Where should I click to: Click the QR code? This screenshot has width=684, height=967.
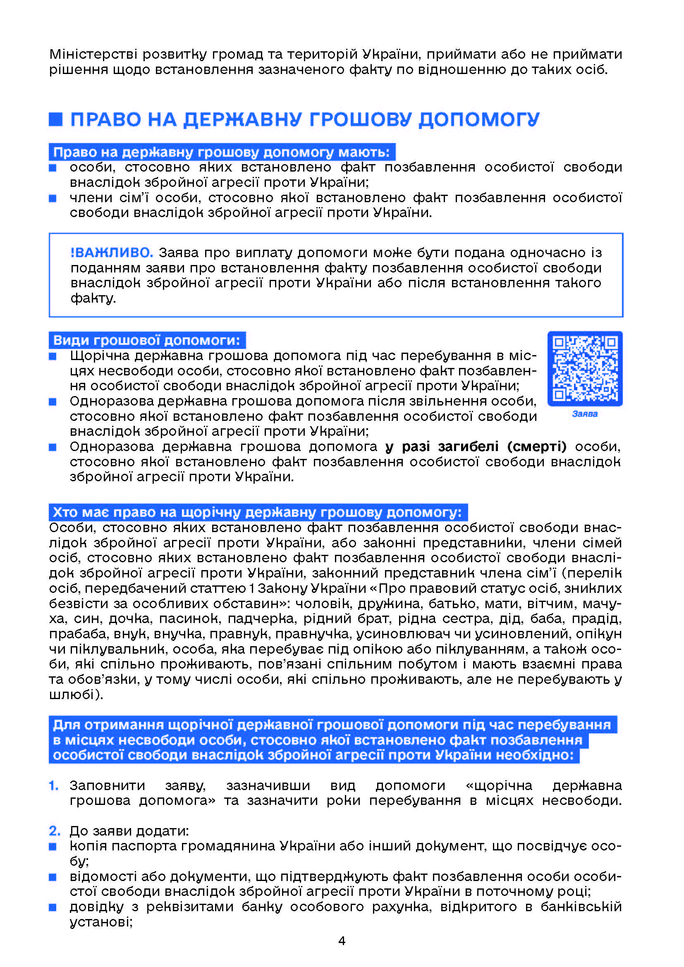click(585, 368)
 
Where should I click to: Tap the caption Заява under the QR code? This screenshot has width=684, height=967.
click(585, 414)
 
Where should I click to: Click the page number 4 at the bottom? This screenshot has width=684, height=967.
click(342, 941)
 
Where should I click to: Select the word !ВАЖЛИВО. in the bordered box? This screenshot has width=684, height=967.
click(112, 253)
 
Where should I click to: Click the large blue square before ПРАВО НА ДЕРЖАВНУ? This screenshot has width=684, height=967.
click(55, 119)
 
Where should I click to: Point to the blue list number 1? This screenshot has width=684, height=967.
click(53, 786)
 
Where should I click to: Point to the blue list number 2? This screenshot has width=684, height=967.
click(54, 831)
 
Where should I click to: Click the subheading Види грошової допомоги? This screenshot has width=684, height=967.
click(146, 340)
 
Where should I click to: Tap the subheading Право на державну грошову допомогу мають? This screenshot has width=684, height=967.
click(222, 152)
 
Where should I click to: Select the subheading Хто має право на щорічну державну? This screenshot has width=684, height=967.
click(257, 513)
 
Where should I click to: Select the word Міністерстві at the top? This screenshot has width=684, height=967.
click(93, 54)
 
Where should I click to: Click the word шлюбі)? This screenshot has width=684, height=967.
click(76, 695)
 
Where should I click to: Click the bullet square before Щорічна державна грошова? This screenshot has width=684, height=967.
click(53, 356)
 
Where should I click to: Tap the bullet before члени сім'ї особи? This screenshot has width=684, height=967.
click(53, 198)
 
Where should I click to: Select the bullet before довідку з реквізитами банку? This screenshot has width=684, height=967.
click(53, 907)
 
